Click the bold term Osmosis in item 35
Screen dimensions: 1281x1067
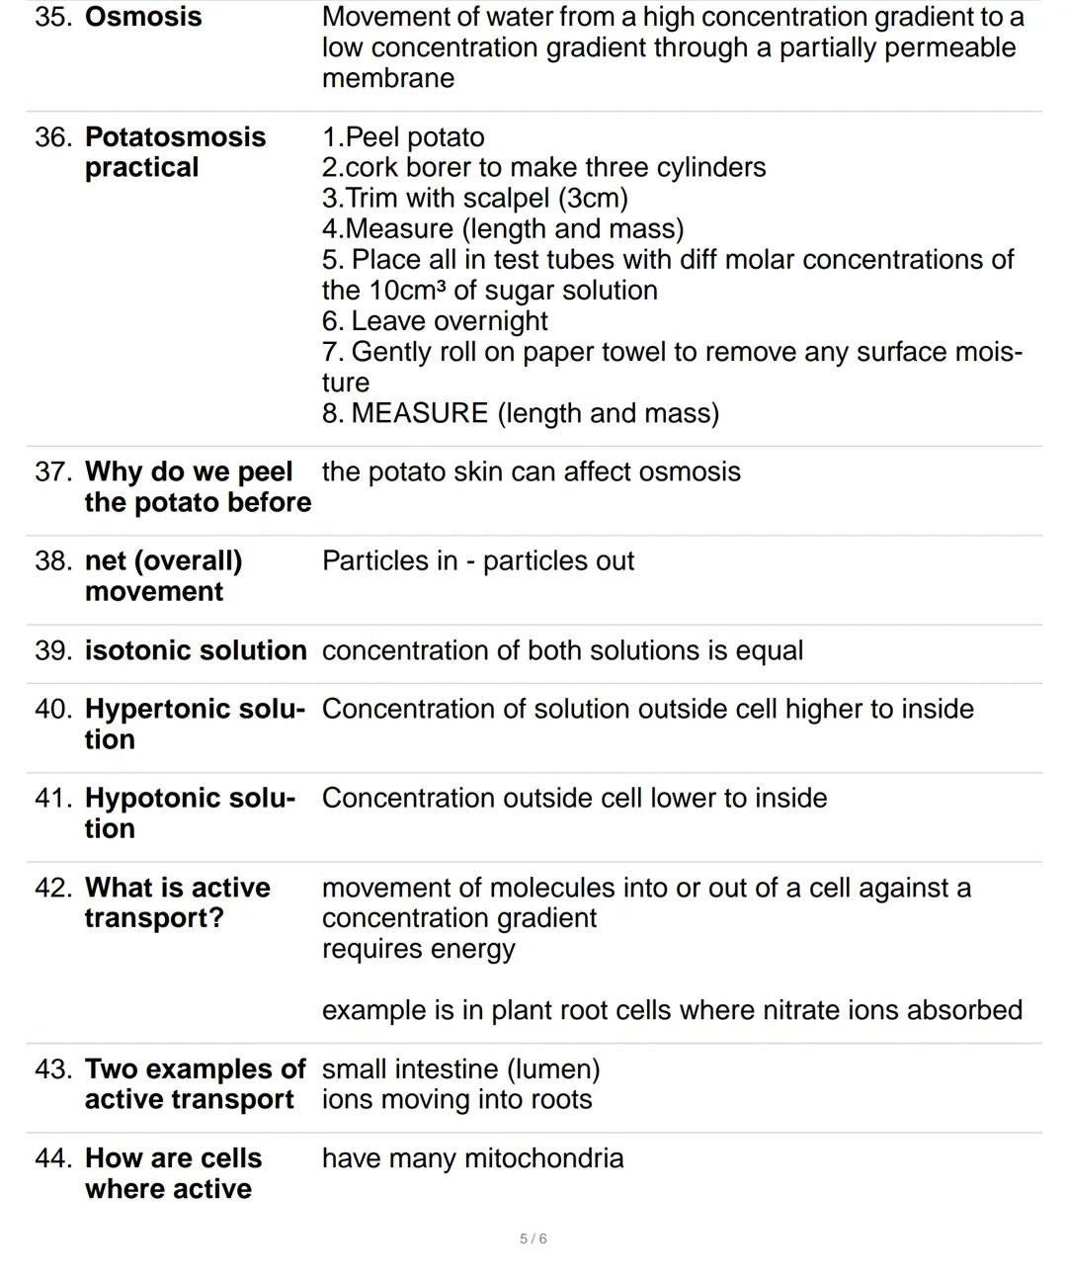(143, 17)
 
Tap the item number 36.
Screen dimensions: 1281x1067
(53, 137)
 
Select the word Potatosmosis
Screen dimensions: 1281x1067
(176, 137)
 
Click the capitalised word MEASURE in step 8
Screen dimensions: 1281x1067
(420, 413)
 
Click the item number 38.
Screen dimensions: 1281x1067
(53, 561)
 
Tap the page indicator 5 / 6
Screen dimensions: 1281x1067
(533, 1238)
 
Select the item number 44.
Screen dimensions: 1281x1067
(53, 1158)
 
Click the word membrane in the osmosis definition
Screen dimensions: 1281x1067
(388, 78)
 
